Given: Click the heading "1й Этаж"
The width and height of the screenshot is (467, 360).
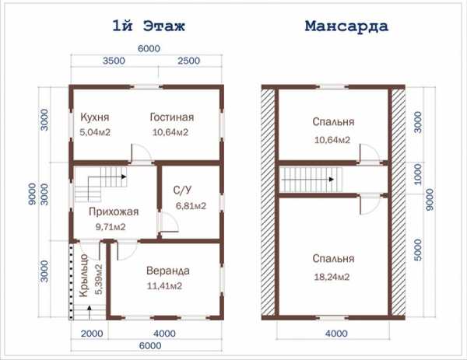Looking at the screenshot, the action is click(x=149, y=26).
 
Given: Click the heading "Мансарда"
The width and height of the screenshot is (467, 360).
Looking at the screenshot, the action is click(x=346, y=26).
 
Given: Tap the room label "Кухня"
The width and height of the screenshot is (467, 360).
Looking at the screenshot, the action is click(x=95, y=117).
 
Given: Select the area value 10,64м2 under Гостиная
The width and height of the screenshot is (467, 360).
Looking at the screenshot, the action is click(x=170, y=132).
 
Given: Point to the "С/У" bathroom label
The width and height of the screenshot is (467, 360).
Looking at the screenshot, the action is click(x=183, y=190).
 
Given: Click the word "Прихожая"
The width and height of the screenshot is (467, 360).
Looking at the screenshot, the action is click(x=114, y=211).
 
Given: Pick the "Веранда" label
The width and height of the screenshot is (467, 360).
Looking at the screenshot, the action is click(x=168, y=271).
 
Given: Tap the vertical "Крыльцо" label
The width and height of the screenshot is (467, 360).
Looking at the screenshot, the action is click(x=83, y=275).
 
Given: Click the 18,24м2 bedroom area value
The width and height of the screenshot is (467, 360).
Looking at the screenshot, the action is click(x=332, y=277).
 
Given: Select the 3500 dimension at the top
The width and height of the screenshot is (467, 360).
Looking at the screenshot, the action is click(x=114, y=61).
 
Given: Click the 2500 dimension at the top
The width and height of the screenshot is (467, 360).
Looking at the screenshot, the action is click(x=189, y=61).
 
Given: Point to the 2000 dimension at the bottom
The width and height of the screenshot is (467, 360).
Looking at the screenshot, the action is click(x=92, y=334).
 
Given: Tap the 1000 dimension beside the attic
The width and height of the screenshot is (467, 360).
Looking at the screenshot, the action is click(x=418, y=174).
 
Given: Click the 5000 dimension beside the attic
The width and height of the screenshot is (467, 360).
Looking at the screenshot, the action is click(x=418, y=250).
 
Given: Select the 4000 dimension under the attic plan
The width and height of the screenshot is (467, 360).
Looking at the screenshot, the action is click(x=336, y=334).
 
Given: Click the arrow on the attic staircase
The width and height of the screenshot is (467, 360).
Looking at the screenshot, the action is click(x=307, y=180).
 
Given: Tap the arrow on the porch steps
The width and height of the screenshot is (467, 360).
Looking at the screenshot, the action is click(x=89, y=312).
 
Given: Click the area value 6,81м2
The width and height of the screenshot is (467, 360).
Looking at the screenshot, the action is click(x=191, y=206).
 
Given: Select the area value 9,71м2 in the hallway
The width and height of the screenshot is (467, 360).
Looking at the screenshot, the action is click(x=111, y=227).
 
